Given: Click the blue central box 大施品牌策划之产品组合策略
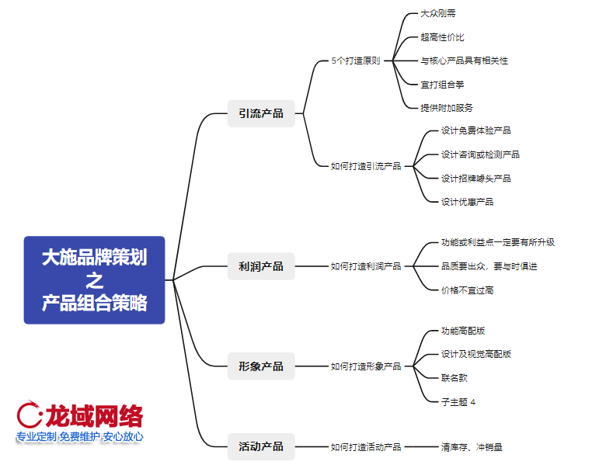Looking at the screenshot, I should [x=94, y=279].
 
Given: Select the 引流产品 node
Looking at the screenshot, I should [x=261, y=113].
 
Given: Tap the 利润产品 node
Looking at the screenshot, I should [x=261, y=266].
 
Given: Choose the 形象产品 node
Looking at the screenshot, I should [x=261, y=366].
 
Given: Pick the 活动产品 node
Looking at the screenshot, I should [x=261, y=446].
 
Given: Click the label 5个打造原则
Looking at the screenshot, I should [x=356, y=61].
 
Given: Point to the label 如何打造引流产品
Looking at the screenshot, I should [x=366, y=165].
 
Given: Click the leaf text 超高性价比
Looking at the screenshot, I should [x=443, y=36].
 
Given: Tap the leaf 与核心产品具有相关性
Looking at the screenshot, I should [x=465, y=61].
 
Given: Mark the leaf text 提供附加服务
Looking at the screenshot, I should [x=447, y=108].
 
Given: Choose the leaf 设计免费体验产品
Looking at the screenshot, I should [x=476, y=130].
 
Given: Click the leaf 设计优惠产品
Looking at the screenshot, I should [x=467, y=202].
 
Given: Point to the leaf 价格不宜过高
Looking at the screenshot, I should [x=467, y=290].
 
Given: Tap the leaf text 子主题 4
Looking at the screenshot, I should [x=458, y=401].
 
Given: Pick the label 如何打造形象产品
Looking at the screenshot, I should [x=366, y=366].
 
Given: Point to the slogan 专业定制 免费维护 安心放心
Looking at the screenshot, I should [x=80, y=436].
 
